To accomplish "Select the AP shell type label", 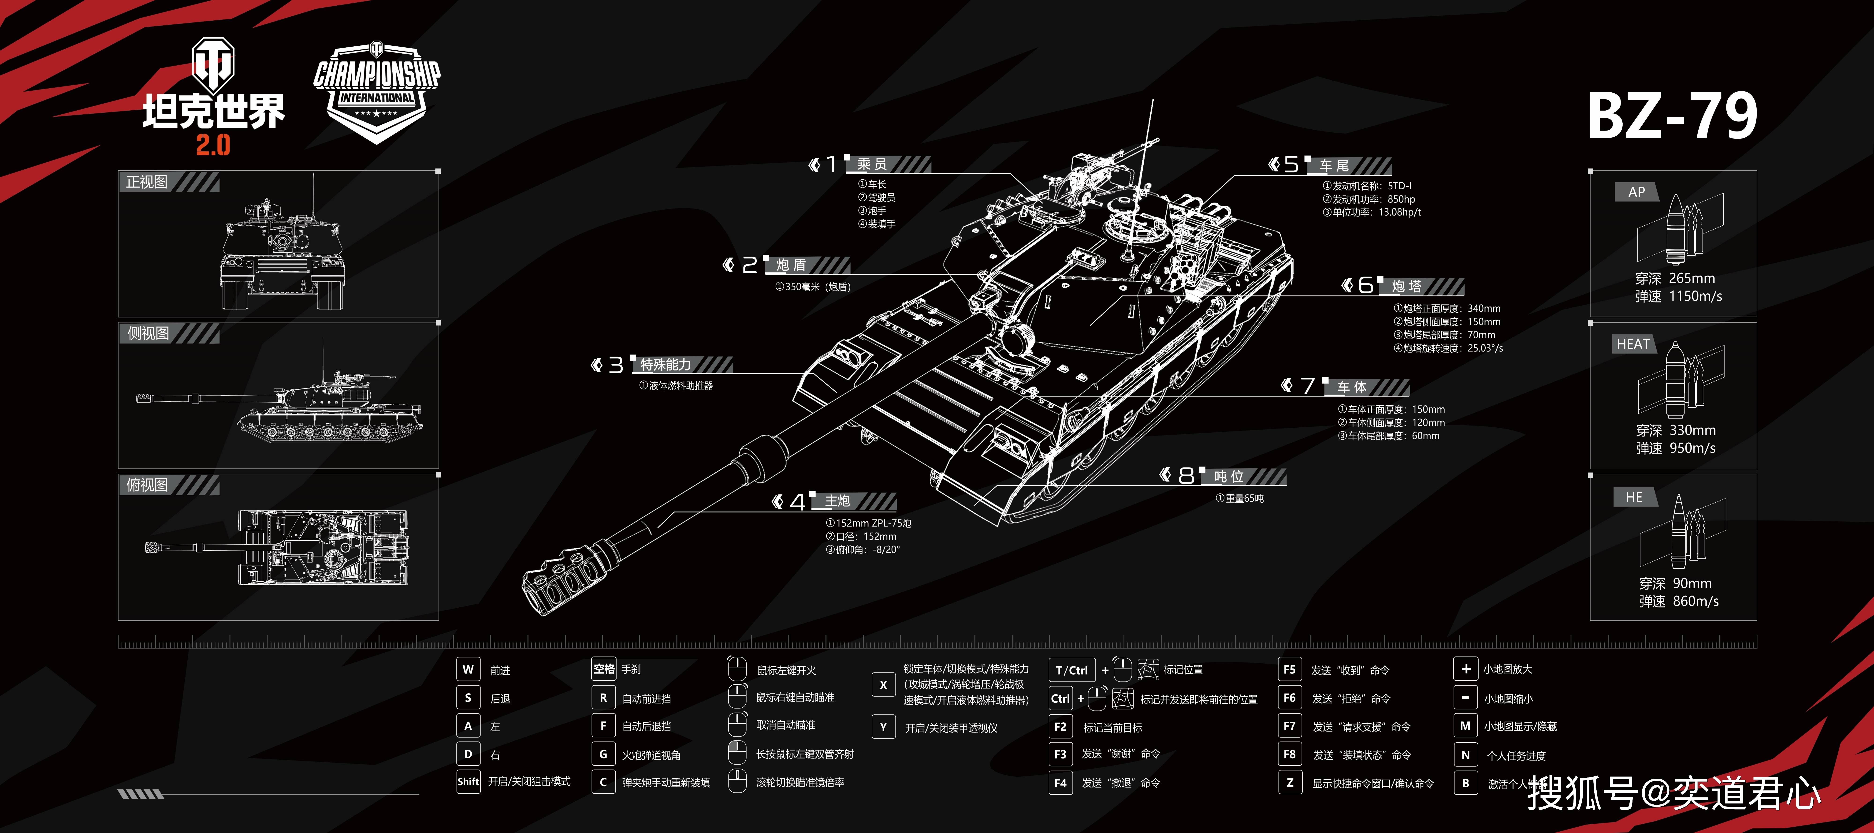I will (x=1636, y=192).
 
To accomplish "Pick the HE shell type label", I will (x=1634, y=497).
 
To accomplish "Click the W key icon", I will (x=468, y=669).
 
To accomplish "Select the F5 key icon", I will (x=1289, y=669).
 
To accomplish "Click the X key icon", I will (x=883, y=685).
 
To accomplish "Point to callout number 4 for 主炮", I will (x=797, y=502).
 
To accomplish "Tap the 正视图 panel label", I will (x=147, y=182).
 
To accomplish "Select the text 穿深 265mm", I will (x=1675, y=279).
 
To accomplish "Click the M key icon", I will (x=1465, y=726).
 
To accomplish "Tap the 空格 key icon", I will (x=604, y=669).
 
